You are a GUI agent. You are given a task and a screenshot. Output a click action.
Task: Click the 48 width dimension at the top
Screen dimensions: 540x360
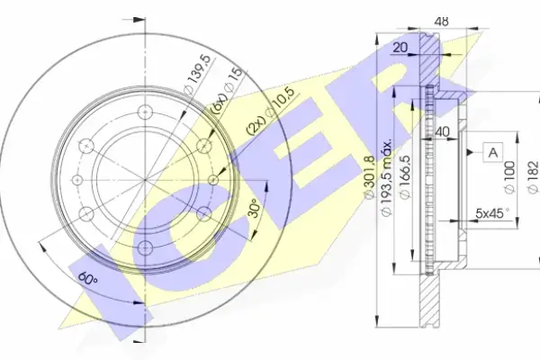coord(441,22)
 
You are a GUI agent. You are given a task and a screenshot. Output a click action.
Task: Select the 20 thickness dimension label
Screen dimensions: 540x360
coord(400,47)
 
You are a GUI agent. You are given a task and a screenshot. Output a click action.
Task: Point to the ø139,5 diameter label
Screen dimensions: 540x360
coord(196,75)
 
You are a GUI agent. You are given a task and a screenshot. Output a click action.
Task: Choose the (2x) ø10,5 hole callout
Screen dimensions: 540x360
coord(271,110)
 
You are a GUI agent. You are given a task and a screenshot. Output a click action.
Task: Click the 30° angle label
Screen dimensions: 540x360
coord(255,208)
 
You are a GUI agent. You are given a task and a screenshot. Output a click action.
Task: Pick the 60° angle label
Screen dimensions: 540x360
coord(87,278)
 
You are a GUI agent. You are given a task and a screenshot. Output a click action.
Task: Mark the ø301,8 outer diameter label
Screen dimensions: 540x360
coord(369,177)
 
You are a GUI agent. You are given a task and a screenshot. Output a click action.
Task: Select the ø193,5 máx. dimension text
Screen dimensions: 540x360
coord(387,177)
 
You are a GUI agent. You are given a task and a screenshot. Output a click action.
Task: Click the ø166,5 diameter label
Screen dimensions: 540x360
coord(405,176)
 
